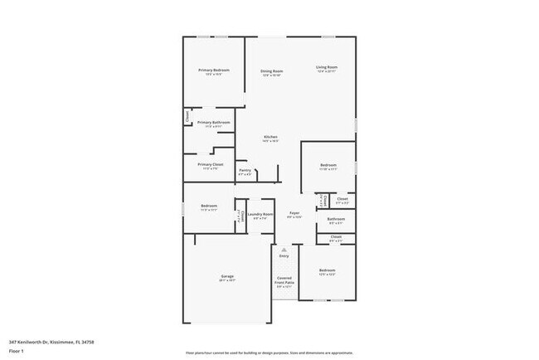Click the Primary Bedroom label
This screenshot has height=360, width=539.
click(213, 71)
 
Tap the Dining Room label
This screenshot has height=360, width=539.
click(271, 71)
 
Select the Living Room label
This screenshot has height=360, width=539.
click(326, 67)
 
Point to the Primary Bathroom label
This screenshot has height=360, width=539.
click(213, 123)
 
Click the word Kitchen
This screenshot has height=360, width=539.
click(270, 137)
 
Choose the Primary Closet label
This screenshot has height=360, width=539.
click(211, 164)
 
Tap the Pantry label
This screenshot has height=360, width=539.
click(245, 171)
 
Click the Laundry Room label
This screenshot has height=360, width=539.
click(260, 214)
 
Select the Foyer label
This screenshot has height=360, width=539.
click(294, 213)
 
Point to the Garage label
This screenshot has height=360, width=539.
click(226, 276)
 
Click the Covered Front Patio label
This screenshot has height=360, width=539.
click(284, 280)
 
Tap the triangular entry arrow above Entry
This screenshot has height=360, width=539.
click(284, 249)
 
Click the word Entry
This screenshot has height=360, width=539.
click(284, 256)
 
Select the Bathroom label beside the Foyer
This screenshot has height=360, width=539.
click(336, 219)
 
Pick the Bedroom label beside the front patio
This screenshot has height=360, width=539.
click(328, 270)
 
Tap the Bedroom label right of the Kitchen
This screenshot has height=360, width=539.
click(328, 165)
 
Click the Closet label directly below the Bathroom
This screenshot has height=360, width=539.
click(336, 237)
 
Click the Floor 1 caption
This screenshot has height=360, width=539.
click(17, 351)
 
